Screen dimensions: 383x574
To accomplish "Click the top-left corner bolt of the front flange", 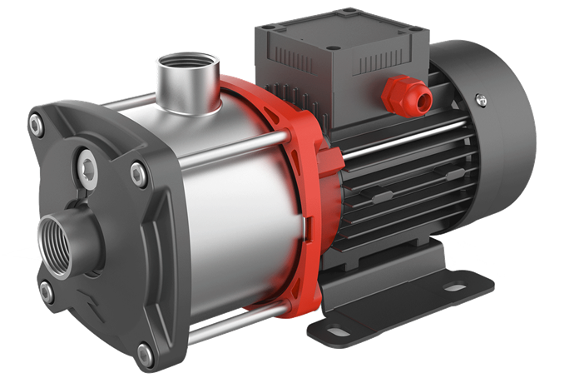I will coord(36,126).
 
